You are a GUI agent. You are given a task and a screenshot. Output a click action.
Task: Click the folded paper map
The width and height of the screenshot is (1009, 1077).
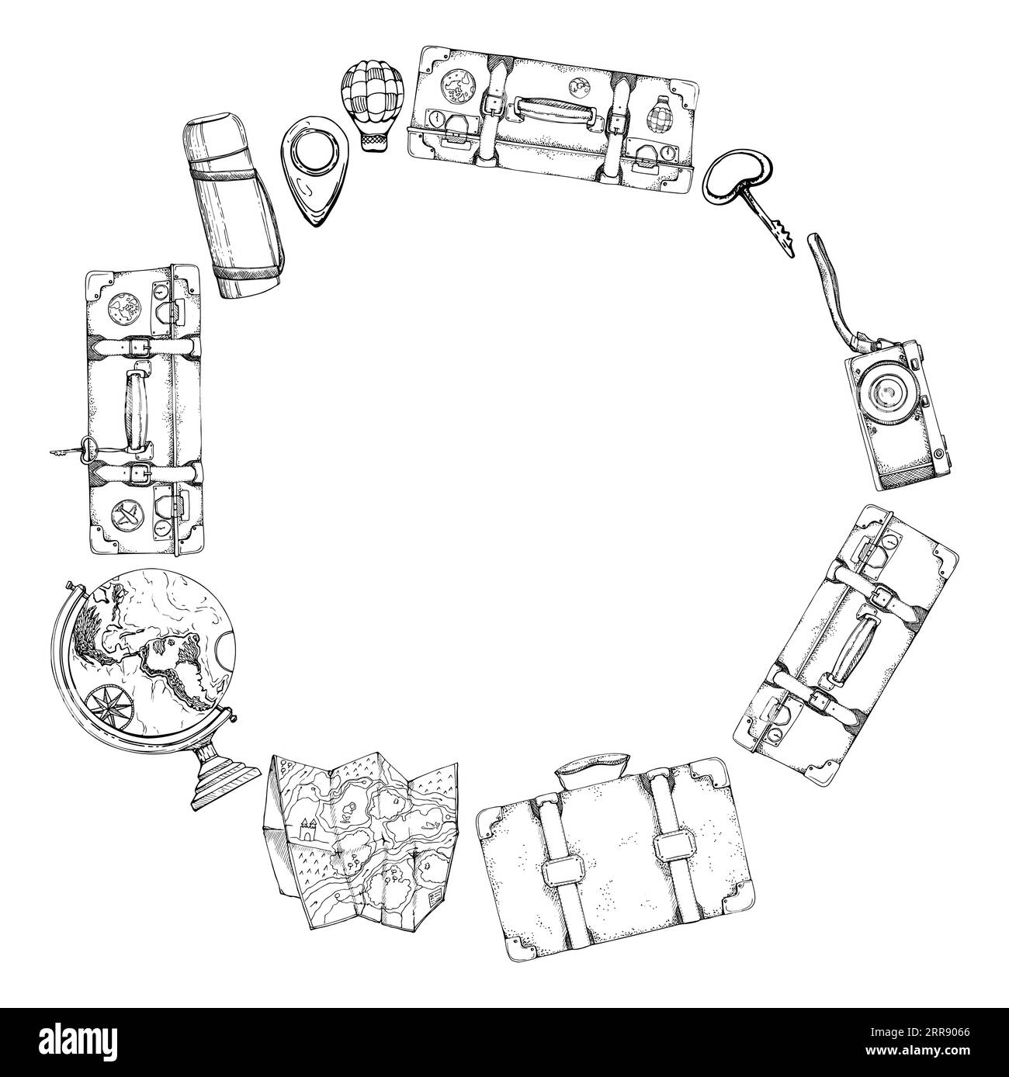(x=362, y=841)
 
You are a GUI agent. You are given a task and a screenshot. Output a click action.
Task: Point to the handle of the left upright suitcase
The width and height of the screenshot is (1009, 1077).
(x=137, y=407)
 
